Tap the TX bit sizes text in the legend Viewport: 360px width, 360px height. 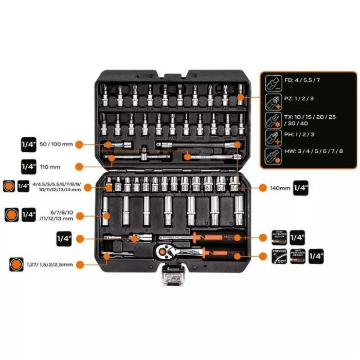click(x=310, y=119)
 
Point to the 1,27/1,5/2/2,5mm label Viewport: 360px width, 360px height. click(x=49, y=264)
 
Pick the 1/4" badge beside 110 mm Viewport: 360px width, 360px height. click(x=28, y=167)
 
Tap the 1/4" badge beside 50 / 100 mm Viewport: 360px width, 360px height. click(x=28, y=144)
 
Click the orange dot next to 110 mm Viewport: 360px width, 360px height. click(x=79, y=167)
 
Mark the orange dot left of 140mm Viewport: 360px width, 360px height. click(x=260, y=188)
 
